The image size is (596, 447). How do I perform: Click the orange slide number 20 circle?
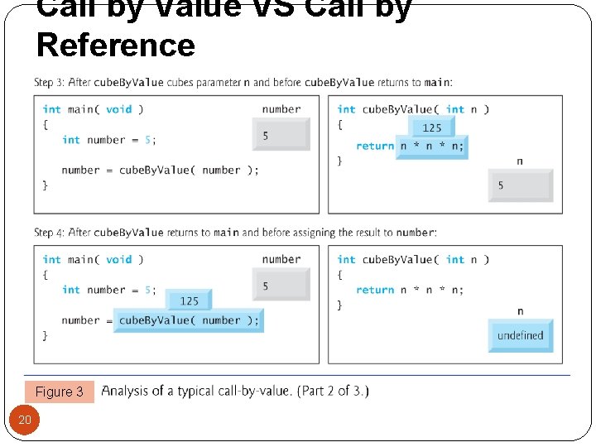click(25, 420)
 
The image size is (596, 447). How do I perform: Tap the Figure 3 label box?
click(60, 392)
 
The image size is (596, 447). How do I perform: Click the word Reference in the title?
click(116, 45)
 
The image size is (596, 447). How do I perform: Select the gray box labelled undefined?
click(521, 336)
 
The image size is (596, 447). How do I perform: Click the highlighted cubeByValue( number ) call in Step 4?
click(189, 320)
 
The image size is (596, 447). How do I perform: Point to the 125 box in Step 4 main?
click(189, 300)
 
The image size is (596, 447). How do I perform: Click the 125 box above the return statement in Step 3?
click(432, 127)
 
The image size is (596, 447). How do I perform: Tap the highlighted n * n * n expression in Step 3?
click(432, 147)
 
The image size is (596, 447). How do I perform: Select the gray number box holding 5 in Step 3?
click(281, 135)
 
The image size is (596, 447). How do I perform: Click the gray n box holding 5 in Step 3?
click(521, 185)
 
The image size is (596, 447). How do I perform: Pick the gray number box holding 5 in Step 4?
click(281, 286)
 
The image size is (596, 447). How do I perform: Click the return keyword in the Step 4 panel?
click(375, 290)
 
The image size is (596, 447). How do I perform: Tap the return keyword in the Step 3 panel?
click(375, 147)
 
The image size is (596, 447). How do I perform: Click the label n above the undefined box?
click(520, 311)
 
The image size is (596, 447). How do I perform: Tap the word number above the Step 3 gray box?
click(281, 109)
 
